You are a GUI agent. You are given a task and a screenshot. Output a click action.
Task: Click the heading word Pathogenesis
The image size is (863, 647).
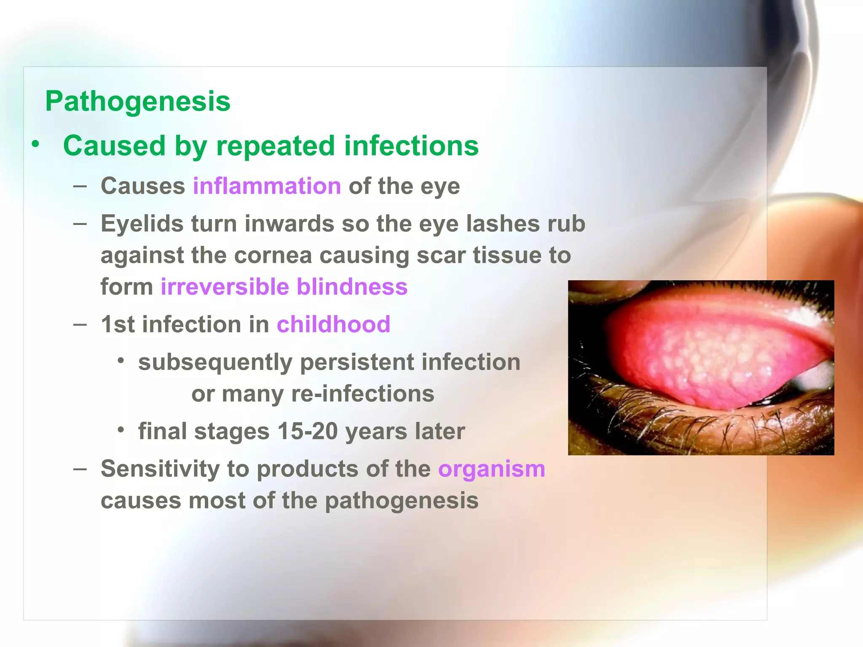pyautogui.click(x=138, y=102)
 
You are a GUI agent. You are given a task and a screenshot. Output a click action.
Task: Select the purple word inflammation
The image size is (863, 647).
pyautogui.click(x=267, y=186)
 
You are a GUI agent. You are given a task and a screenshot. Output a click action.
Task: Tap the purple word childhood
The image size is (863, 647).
pyautogui.click(x=333, y=324)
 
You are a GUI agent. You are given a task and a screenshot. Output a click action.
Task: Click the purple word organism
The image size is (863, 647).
pyautogui.click(x=491, y=469)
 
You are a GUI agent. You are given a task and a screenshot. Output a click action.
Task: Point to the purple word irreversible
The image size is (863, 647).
pyautogui.click(x=225, y=287)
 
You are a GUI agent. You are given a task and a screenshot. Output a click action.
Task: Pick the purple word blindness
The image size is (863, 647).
pyautogui.click(x=352, y=287)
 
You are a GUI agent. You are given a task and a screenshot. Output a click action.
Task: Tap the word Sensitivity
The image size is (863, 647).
pyautogui.click(x=160, y=469)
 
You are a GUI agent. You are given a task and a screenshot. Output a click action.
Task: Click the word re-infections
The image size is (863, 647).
pyautogui.click(x=362, y=394)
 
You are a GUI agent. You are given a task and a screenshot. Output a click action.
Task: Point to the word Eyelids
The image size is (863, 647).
pyautogui.click(x=142, y=224)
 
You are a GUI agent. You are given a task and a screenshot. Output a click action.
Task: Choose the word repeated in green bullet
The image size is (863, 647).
pyautogui.click(x=276, y=146)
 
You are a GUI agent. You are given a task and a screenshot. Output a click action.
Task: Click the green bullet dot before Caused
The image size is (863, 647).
pyautogui.click(x=36, y=144)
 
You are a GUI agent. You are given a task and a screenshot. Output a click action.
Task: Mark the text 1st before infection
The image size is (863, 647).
pyautogui.click(x=118, y=324)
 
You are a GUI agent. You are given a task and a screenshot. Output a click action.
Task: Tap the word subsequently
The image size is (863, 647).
pyautogui.click(x=215, y=362)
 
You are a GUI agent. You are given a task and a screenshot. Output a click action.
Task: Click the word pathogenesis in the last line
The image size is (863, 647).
pyautogui.click(x=401, y=501)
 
